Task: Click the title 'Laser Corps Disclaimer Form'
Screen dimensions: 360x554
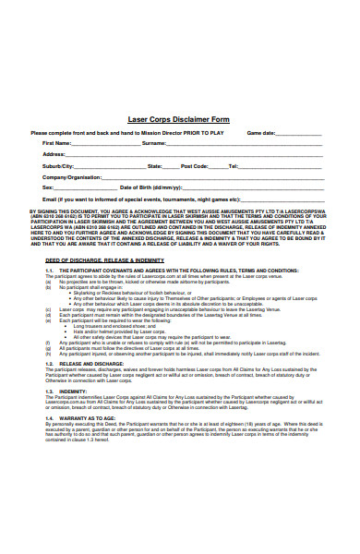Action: (179, 119)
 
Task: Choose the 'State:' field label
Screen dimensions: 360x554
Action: (155, 165)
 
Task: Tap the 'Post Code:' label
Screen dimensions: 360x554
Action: (194, 165)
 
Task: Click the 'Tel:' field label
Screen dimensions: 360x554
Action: (234, 165)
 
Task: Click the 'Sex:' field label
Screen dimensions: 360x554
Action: (48, 187)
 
